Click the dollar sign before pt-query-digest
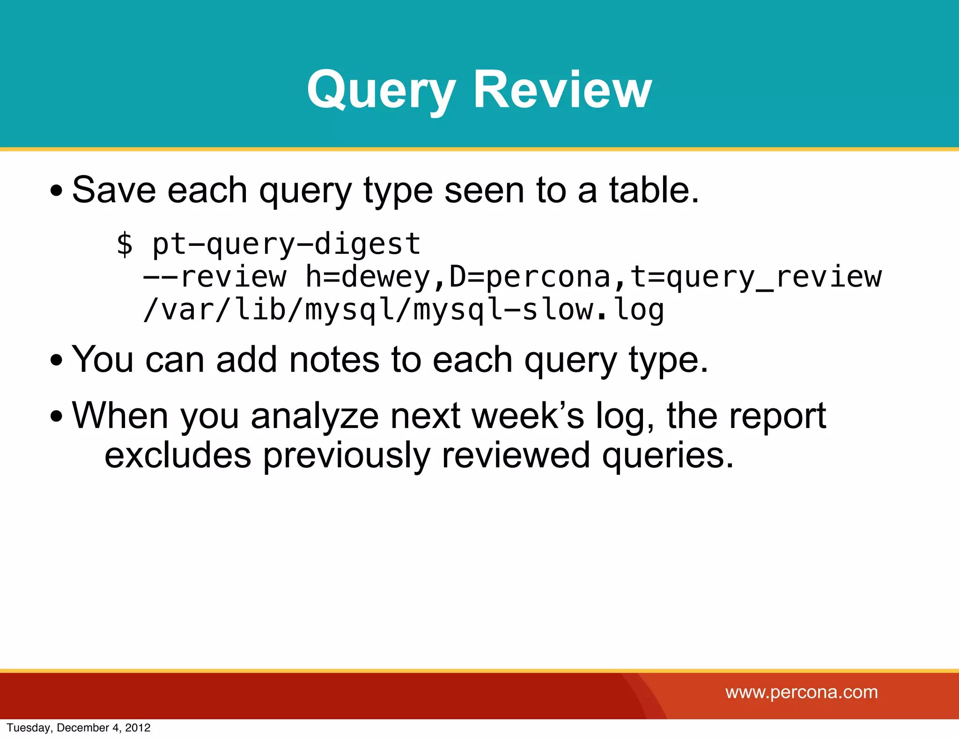coord(125,244)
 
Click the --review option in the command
coord(214,277)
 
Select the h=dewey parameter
coord(368,277)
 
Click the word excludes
coord(178,455)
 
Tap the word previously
coord(347,455)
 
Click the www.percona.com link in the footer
coord(802,692)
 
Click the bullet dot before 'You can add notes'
coord(56,361)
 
